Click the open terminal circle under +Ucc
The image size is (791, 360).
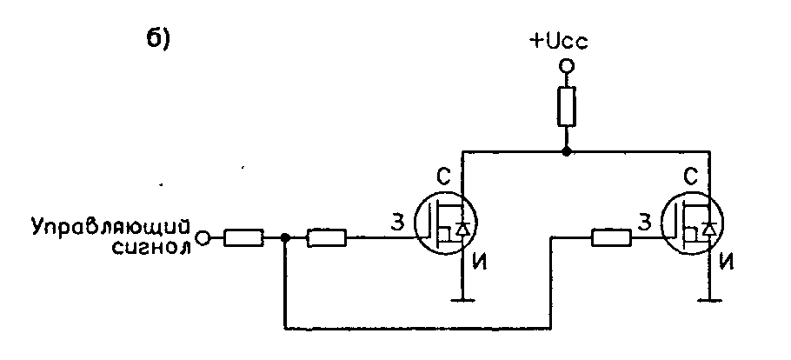[x=566, y=65]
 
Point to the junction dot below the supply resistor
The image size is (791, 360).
[x=566, y=151]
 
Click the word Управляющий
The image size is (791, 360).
[x=110, y=227]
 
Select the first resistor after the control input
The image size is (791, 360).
[x=244, y=237]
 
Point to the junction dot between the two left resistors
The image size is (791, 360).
[x=285, y=237]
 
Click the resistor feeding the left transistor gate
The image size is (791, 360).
[x=327, y=237]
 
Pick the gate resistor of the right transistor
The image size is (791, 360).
[x=611, y=236]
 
